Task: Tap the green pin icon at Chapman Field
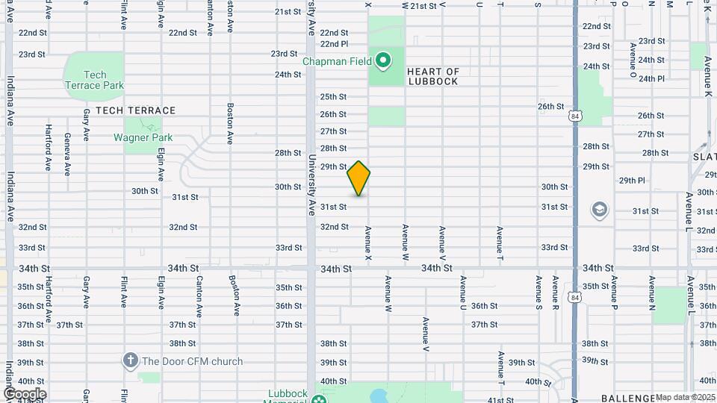point(384,60)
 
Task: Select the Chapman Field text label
point(337,61)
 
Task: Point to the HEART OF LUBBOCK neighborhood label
point(433,76)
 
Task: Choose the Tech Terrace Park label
point(94,80)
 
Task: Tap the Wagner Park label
point(143,137)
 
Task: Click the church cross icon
point(131,361)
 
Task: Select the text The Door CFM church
point(193,361)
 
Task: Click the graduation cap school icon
point(599,210)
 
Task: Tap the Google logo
point(24,394)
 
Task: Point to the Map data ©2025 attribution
point(685,397)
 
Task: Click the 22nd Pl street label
point(334,44)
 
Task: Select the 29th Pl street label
point(631,181)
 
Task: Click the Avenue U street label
point(463,293)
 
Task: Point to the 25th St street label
point(333,97)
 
